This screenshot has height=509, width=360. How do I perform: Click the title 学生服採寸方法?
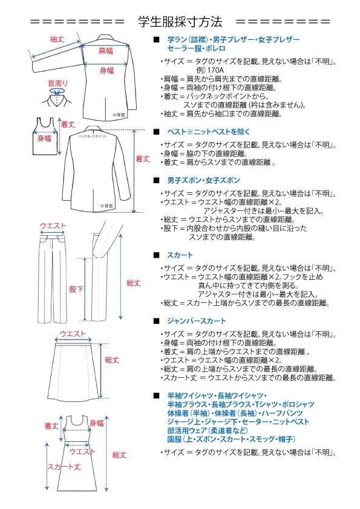180,22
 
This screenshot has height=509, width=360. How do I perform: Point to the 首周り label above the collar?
58,83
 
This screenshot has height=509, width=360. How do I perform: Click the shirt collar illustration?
59,97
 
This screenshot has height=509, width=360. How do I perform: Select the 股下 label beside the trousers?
76,290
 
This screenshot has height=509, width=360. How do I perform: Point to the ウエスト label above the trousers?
53,225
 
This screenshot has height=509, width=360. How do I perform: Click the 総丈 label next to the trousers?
133,282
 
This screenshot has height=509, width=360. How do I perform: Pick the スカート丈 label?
64,467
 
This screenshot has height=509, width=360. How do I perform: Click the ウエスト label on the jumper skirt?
83,452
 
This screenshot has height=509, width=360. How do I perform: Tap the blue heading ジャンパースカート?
197,321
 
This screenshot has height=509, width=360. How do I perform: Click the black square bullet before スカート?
157,255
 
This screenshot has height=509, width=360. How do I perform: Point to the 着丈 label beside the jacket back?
143,159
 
